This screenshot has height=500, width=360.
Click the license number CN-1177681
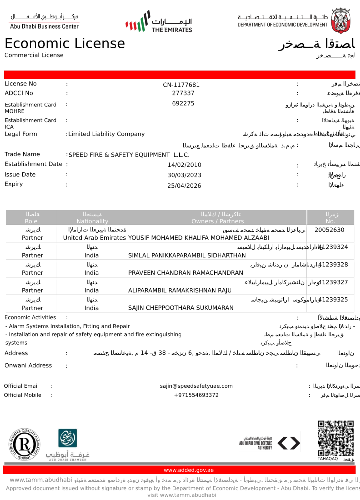181,85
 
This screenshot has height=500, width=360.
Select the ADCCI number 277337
183,93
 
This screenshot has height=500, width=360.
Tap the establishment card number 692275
183,103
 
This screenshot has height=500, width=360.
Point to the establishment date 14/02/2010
184,165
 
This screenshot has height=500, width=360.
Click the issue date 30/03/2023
184,175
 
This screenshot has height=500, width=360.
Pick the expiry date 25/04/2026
184,185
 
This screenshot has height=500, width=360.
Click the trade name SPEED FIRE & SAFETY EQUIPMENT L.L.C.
129,155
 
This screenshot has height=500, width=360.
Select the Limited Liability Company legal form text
106,134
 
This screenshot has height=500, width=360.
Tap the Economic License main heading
65,44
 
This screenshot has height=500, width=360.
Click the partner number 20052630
329,230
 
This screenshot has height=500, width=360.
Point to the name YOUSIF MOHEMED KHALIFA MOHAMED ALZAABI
199,238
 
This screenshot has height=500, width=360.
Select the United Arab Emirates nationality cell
94,238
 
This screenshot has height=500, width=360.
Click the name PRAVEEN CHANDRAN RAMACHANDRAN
185,273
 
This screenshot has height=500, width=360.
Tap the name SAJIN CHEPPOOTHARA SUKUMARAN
181,308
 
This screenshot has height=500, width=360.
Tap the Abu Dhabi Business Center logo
44,21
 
